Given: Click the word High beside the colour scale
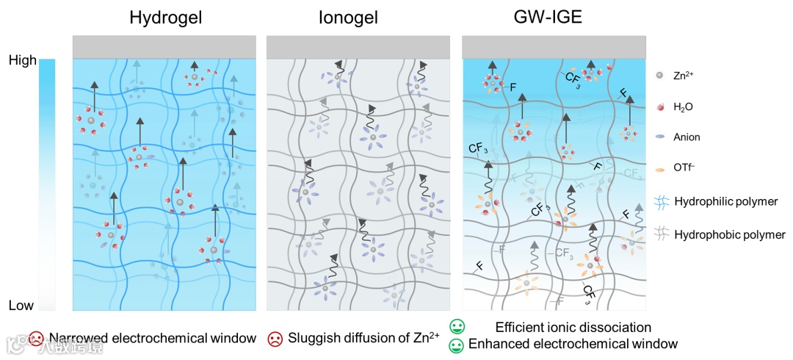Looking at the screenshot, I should [22, 61].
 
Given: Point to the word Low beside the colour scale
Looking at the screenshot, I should [21, 305].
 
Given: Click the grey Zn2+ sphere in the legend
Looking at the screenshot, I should [660, 75].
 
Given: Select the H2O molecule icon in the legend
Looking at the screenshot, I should [660, 107].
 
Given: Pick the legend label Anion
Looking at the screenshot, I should [688, 137].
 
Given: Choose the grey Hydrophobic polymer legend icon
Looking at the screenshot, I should [660, 235].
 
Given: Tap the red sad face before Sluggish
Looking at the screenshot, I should [275, 339].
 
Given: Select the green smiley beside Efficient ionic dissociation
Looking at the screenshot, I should [457, 326].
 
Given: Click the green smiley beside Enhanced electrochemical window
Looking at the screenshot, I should [457, 344].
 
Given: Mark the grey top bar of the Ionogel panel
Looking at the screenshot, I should [358, 46].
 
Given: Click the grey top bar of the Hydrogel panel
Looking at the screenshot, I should [164, 46].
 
